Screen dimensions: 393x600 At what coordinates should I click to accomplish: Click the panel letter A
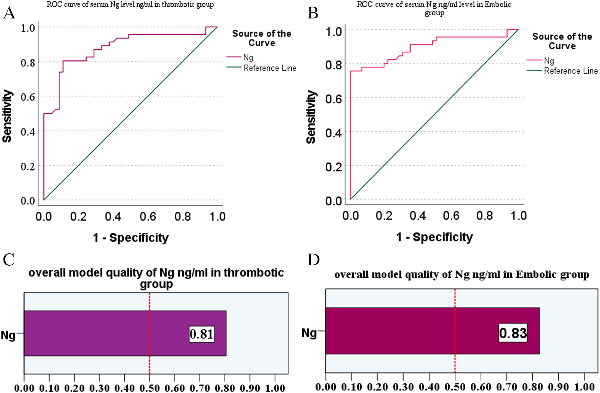pos(9,13)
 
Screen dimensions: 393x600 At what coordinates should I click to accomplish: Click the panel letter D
pos(313,260)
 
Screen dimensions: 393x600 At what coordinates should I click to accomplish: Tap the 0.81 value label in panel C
pos(201,334)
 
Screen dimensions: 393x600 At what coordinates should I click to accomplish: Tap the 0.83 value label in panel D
pos(513,333)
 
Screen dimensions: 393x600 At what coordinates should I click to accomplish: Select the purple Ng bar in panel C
pos(107,333)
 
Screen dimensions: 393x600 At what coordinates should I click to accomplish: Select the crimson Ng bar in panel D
pos(409,331)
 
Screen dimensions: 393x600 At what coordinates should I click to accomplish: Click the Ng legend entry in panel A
pos(248,57)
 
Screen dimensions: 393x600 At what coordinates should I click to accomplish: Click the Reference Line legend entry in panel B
pos(571,71)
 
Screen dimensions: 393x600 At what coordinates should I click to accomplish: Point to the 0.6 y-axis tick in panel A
pos(28,97)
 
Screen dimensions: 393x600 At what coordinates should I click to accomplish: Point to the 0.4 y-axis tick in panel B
pos(334,133)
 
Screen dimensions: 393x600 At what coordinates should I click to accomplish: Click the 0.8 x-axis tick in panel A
pos(183,217)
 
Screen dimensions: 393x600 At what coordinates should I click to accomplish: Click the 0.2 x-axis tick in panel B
pos(384,216)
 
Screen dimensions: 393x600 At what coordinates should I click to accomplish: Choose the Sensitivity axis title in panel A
pos(7,116)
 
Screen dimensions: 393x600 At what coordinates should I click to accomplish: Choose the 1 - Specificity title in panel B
pos(434,237)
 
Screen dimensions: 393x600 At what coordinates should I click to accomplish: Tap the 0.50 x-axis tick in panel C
pos(150,388)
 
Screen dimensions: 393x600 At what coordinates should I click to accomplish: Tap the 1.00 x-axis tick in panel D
pos(584,387)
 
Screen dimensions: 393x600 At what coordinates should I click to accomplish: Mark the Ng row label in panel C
pos(8,335)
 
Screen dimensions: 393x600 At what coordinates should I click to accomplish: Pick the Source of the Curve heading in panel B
pos(562,41)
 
